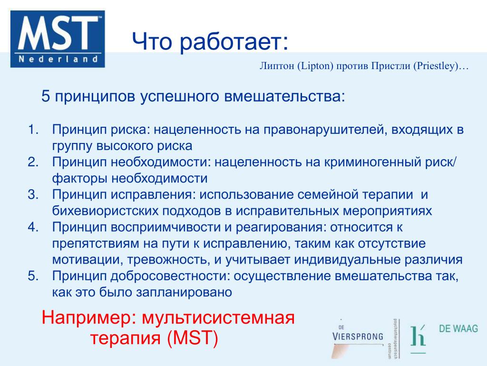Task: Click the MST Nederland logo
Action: pos(58,39)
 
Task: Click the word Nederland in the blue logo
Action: pos(58,59)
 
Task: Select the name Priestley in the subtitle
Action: pos(436,66)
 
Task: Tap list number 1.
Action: pos(33,130)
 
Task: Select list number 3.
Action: pos(33,194)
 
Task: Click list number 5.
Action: pos(33,276)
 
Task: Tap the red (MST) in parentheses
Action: pos(192,338)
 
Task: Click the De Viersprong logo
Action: pos(358,338)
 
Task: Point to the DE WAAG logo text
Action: pos(458,328)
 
